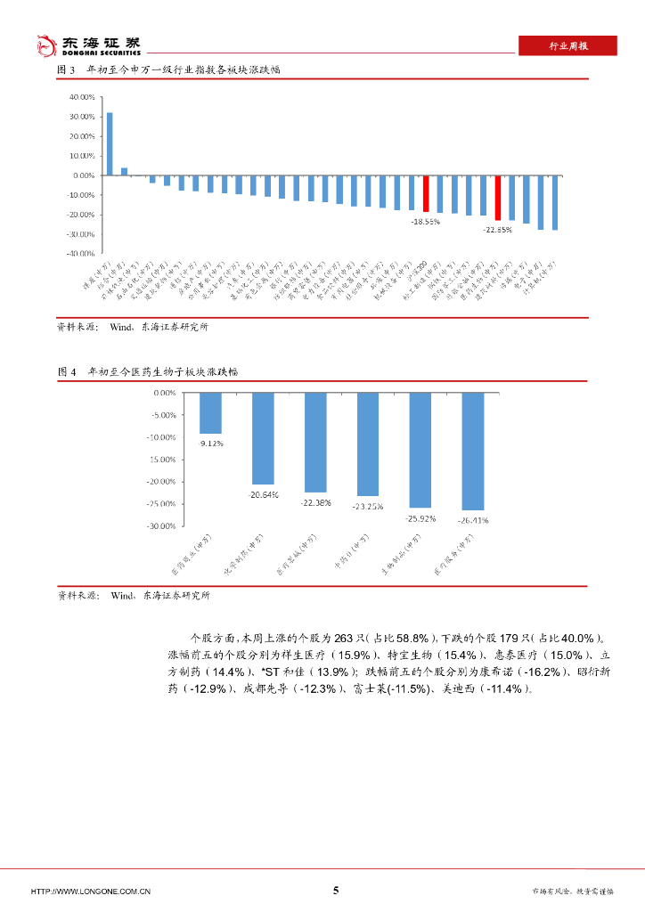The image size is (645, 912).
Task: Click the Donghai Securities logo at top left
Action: point(86,45)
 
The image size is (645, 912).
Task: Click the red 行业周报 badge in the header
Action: point(567,46)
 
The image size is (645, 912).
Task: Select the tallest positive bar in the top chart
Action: point(110,143)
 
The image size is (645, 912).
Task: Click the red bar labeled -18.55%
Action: point(426,193)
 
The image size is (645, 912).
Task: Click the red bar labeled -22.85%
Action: point(498,198)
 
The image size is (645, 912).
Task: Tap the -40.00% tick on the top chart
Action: point(82,254)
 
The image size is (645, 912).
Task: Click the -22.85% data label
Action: point(498,229)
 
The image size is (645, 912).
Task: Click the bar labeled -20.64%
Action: point(263,438)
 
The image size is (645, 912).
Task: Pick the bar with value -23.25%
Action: point(368,444)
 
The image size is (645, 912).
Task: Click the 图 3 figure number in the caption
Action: point(65,69)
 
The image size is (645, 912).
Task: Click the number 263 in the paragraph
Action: point(343,638)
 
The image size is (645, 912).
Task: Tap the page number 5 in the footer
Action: point(336,890)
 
